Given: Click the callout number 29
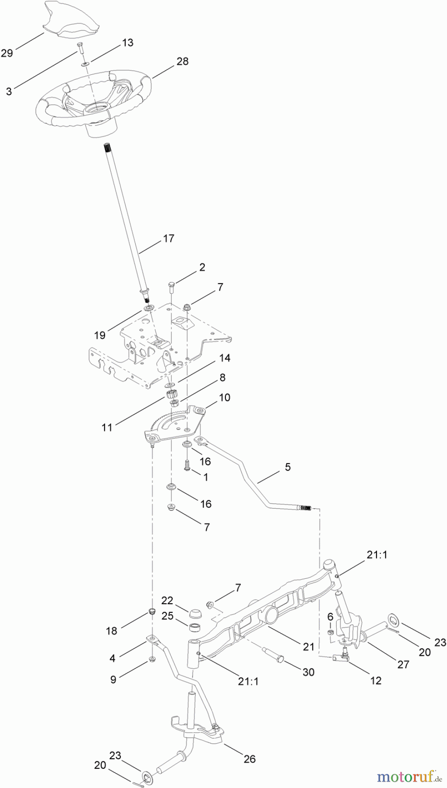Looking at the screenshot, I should (x=7, y=53).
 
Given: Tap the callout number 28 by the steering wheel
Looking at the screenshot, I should (x=183, y=61).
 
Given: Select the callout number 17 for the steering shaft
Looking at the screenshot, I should (x=169, y=239).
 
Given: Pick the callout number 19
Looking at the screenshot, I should (x=100, y=335).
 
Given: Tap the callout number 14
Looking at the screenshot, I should (x=225, y=358).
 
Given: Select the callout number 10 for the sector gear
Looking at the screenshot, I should (x=225, y=398).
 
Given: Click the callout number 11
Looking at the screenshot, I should (x=107, y=427).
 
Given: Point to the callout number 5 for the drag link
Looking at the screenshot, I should (x=287, y=467).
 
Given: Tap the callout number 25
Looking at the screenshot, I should (x=167, y=616).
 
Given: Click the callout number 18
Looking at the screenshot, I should (x=112, y=630).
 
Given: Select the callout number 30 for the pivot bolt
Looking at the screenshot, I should (x=309, y=672).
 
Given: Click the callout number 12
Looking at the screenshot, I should (x=376, y=680).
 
